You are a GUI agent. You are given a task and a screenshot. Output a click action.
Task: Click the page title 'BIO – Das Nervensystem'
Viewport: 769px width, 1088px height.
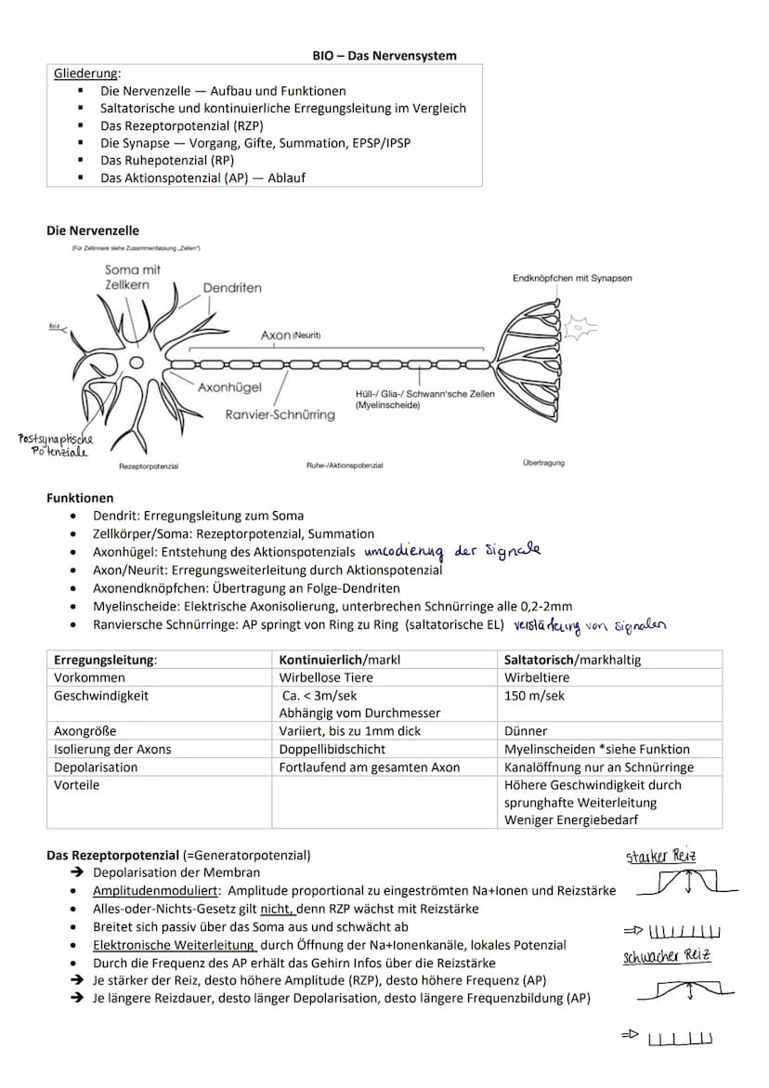[384, 56]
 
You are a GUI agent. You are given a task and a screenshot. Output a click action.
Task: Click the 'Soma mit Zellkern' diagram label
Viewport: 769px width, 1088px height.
[133, 277]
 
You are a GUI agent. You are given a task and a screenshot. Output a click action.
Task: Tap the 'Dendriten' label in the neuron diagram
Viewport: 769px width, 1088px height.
[232, 288]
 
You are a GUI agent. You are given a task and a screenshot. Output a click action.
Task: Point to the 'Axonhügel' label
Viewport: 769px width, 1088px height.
[229, 387]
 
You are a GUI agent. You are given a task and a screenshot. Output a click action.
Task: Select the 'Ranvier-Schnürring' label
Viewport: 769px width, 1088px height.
[280, 414]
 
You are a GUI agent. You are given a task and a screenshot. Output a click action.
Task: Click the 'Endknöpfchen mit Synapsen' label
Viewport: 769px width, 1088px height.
[572, 279]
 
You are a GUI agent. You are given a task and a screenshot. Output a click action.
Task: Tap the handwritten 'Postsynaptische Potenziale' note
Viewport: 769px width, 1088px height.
[56, 445]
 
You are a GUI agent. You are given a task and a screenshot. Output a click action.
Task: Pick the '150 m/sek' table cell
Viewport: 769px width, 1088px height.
[534, 695]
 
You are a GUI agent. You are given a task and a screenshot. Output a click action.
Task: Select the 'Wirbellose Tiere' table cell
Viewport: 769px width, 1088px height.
[326, 677]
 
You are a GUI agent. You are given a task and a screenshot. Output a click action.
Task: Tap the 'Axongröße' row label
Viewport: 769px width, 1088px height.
[85, 731]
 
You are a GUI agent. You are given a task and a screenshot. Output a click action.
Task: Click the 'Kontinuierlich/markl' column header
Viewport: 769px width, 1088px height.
[340, 660]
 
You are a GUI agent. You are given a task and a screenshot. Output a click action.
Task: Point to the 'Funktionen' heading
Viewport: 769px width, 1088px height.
[80, 498]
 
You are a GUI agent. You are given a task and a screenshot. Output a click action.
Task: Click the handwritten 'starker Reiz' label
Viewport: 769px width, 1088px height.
[660, 857]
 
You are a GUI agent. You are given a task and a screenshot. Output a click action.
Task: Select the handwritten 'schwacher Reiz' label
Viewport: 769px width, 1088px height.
[666, 955]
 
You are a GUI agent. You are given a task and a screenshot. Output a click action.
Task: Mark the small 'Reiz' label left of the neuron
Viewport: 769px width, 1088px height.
[55, 326]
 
